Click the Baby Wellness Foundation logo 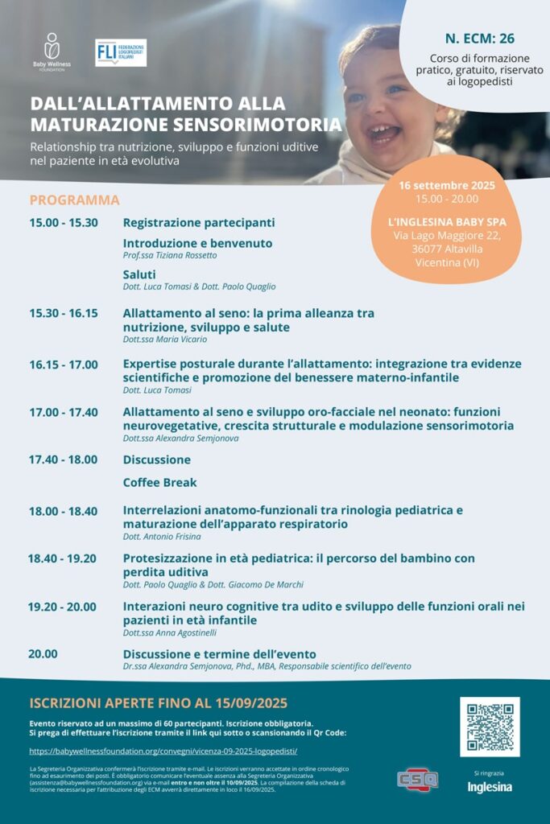(52, 51)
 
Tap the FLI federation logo (121, 52)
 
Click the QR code (490, 727)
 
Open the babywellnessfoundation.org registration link (163, 751)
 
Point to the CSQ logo (418, 780)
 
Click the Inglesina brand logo (490, 787)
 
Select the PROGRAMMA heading (75, 200)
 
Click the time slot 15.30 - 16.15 (64, 313)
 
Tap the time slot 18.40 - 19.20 (62, 558)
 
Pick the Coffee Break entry (159, 483)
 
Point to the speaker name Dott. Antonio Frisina (162, 537)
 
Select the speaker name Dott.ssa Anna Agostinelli (169, 633)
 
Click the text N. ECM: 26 (479, 39)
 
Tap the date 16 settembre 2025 (447, 185)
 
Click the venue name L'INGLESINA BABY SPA (446, 221)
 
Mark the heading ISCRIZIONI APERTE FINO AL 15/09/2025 (159, 702)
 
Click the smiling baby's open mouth (384, 132)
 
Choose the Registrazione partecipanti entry (199, 222)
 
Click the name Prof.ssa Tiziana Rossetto (170, 255)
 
